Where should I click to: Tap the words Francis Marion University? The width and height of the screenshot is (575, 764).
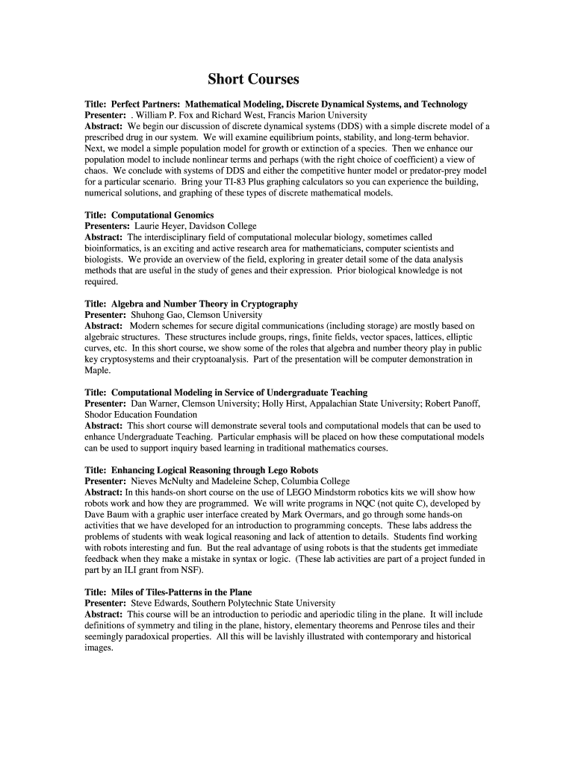point(317,116)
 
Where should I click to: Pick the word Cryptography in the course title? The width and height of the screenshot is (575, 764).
point(269,304)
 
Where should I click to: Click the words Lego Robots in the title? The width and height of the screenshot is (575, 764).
point(292,470)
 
